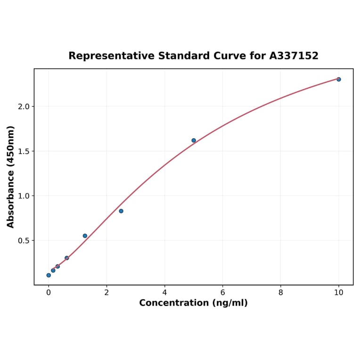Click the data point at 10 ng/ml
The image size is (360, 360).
[x=338, y=79]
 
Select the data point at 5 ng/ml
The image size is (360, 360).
[x=194, y=140]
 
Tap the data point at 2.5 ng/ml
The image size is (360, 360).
[x=121, y=211]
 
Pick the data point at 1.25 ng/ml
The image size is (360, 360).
[x=85, y=236]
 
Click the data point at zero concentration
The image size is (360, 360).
[x=49, y=275]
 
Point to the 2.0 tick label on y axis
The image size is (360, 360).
[x=24, y=106]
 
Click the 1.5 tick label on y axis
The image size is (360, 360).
[x=24, y=151]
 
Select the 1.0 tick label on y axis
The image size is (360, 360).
[x=24, y=196]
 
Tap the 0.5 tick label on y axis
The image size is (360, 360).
[x=24, y=241]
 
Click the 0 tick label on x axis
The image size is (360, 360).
[x=49, y=293]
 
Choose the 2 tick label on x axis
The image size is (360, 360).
[x=106, y=293]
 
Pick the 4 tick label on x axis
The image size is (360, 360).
[x=164, y=293]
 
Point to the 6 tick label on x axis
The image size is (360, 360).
[x=222, y=293]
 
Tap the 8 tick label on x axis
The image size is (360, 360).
[x=280, y=293]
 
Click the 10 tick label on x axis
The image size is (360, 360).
[x=338, y=293]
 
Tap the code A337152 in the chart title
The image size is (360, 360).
[x=294, y=56]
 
